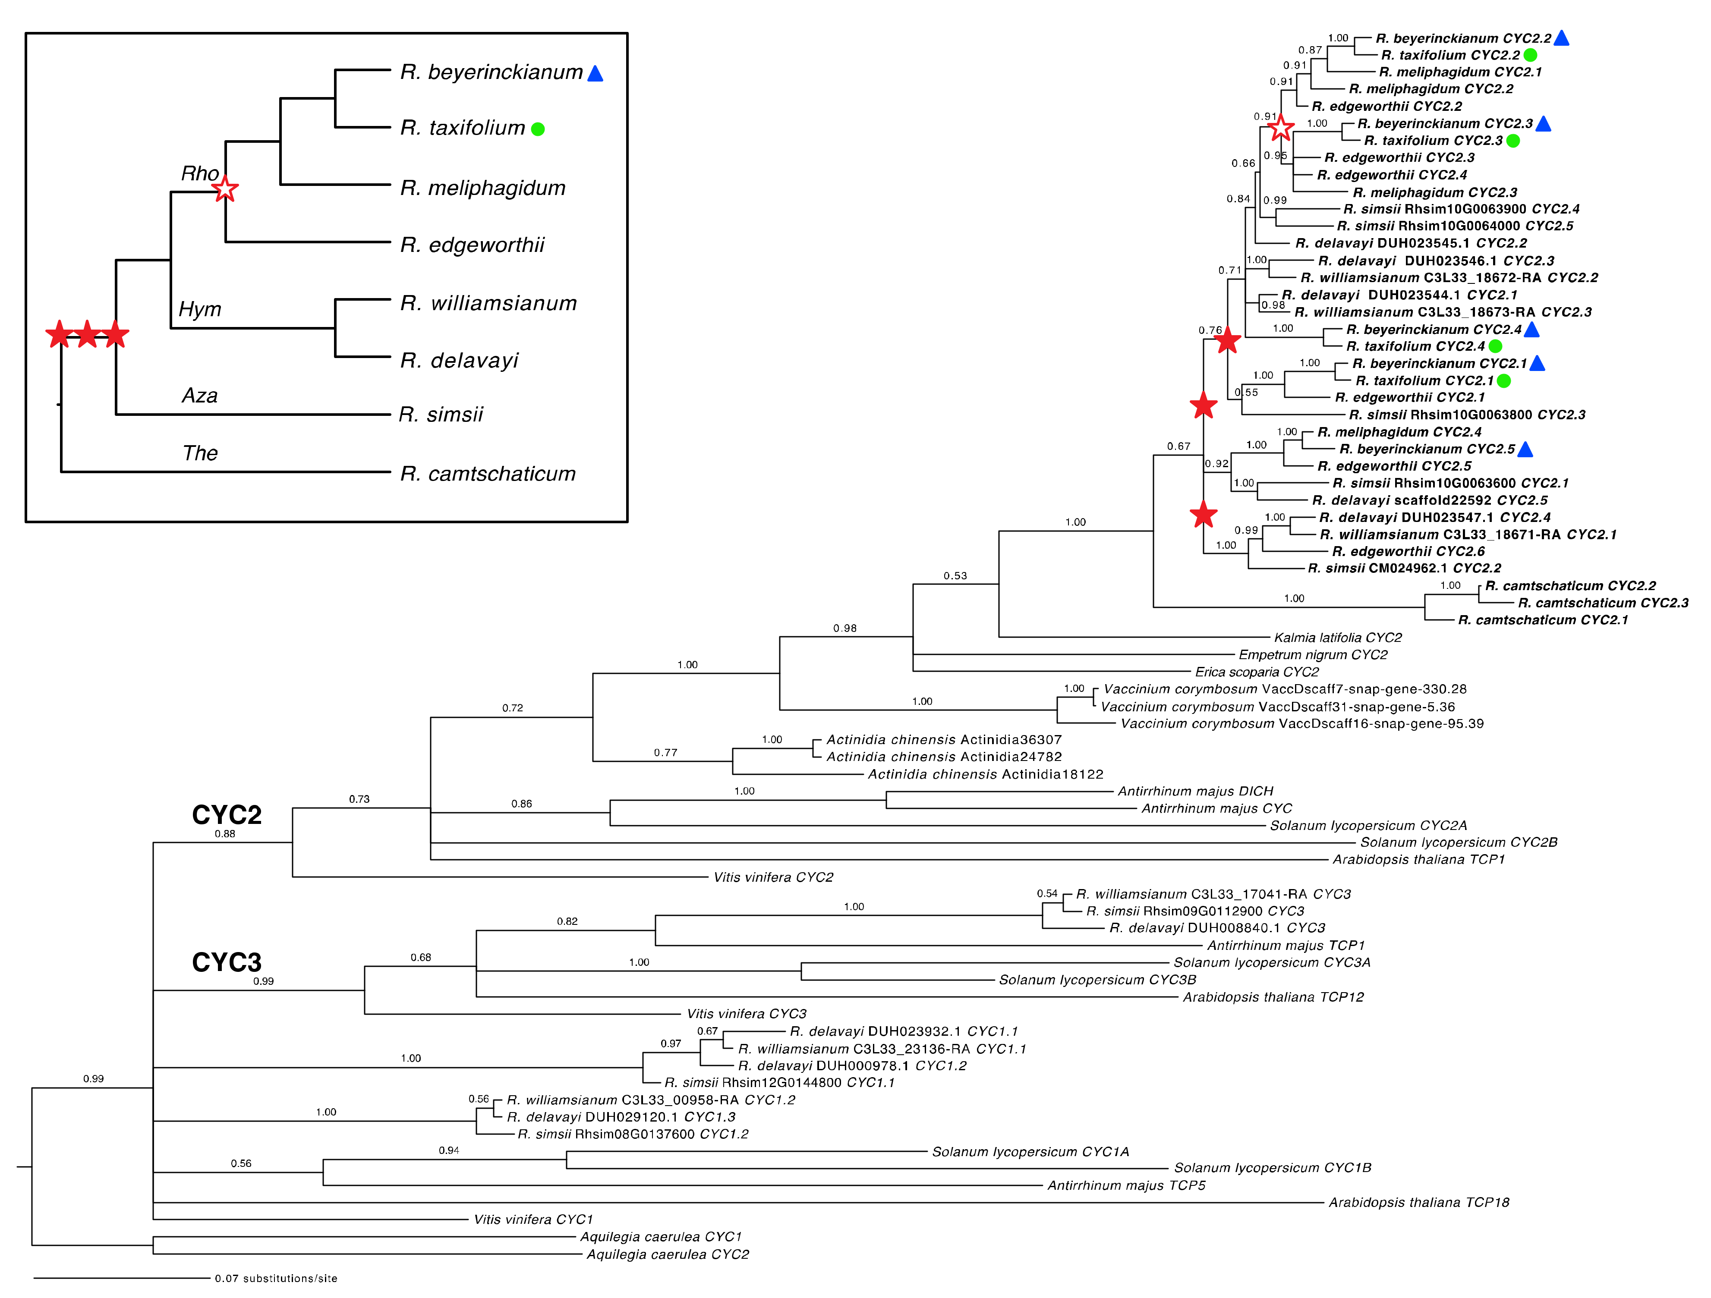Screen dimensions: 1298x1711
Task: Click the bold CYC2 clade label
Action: click(227, 815)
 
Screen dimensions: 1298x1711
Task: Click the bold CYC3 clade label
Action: click(227, 962)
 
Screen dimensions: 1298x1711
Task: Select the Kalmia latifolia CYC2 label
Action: click(1337, 638)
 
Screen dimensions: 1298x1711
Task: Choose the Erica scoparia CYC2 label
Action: click(1257, 672)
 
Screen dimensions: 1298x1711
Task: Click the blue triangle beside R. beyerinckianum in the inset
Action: click(595, 73)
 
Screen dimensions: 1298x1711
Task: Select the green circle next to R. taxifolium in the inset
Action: click(538, 129)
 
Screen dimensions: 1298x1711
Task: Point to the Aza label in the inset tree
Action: click(199, 396)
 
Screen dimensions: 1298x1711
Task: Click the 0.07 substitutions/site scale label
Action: click(276, 1279)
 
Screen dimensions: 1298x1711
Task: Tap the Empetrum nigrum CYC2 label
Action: click(1313, 655)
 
